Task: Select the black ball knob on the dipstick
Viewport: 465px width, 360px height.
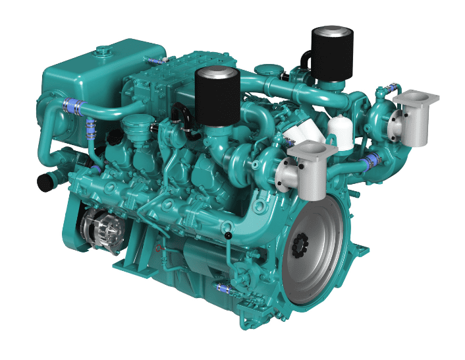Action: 228,235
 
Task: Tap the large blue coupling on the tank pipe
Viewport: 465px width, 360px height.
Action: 71,105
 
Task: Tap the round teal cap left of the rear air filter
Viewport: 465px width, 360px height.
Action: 269,68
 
